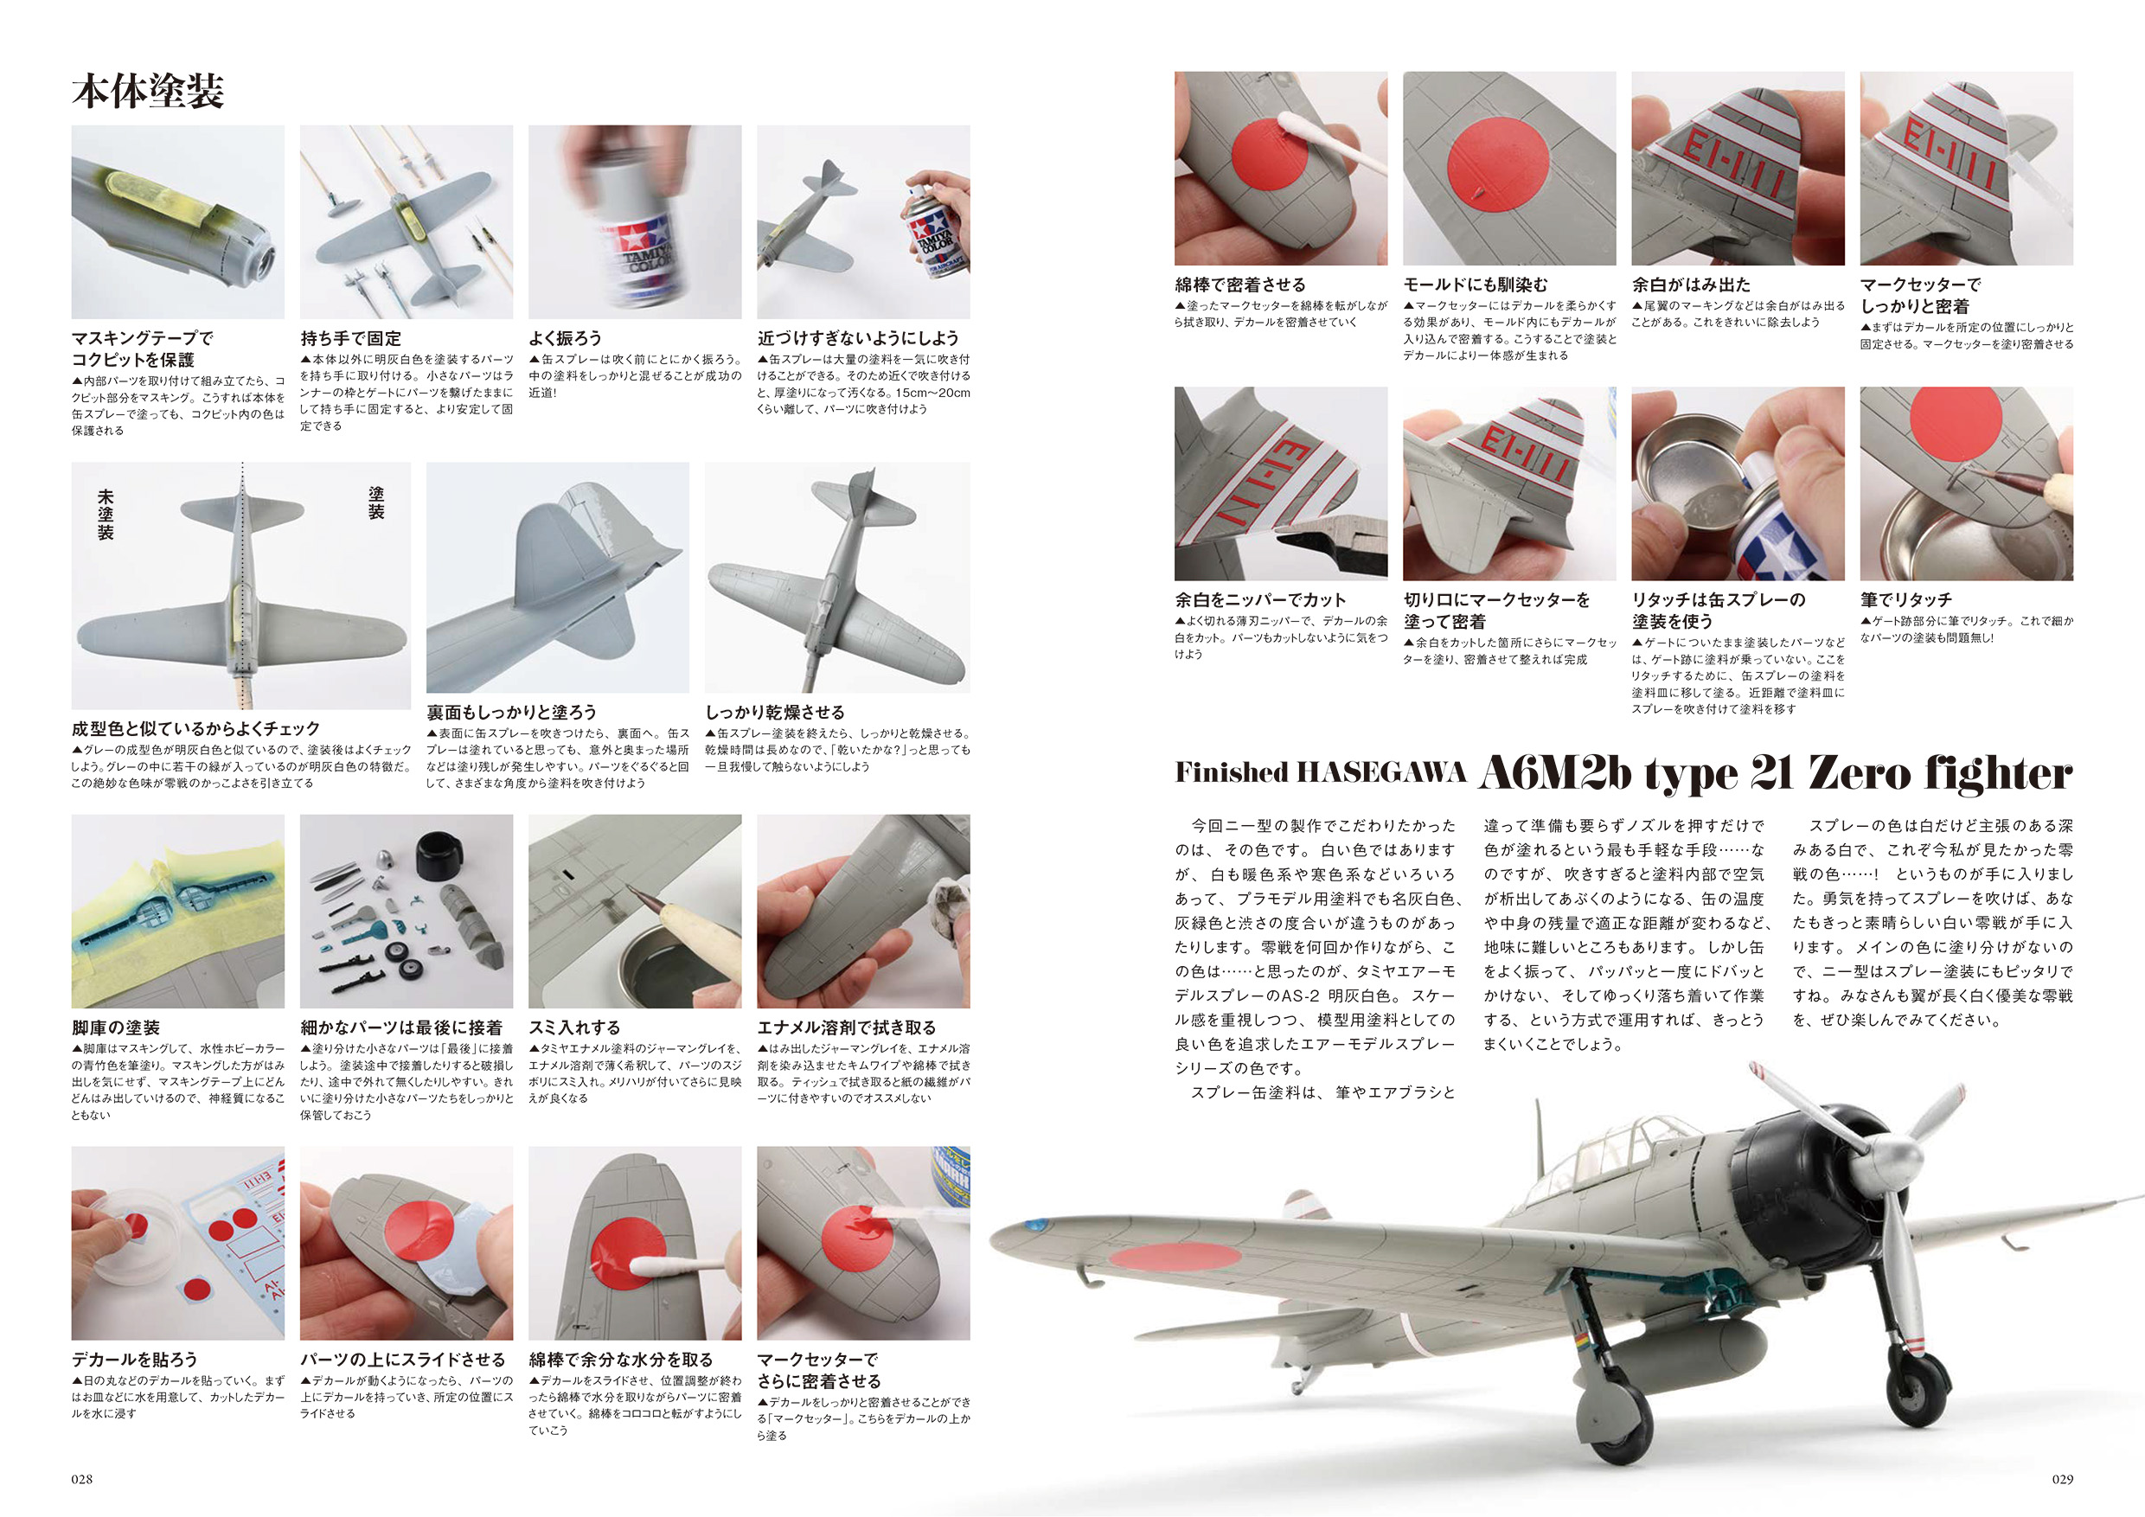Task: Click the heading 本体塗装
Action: [x=148, y=92]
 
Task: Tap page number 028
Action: [x=82, y=1479]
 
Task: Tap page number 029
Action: [x=2062, y=1479]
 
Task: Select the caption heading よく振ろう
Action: [x=565, y=338]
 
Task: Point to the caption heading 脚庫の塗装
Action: [x=116, y=1027]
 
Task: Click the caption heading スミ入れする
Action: [x=574, y=1027]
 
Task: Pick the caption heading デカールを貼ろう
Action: [x=135, y=1359]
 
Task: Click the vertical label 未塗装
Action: [x=106, y=515]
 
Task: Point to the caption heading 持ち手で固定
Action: [x=351, y=338]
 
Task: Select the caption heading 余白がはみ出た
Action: [x=1691, y=284]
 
